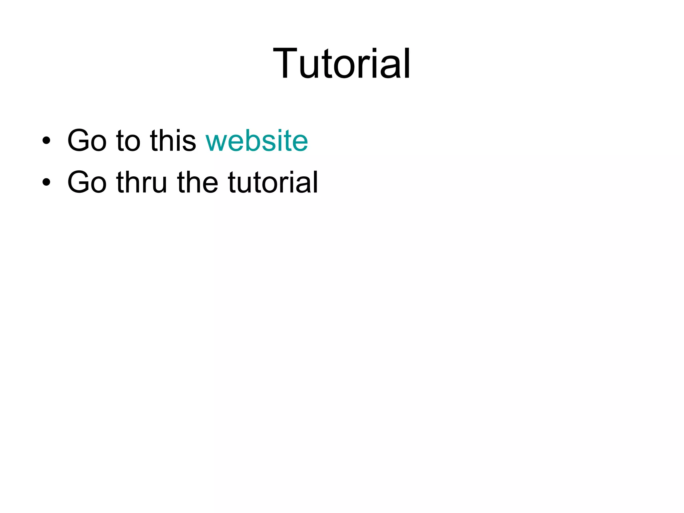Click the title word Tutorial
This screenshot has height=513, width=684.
pos(341,63)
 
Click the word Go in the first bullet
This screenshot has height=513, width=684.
pos(87,141)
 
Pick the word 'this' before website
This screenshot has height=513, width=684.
pos(173,141)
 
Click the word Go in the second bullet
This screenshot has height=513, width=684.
pos(87,182)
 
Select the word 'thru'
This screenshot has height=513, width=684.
pos(141,182)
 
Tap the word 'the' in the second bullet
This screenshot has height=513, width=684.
pos(197,182)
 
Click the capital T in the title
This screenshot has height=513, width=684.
pos(285,63)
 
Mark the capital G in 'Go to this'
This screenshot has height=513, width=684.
pos(79,141)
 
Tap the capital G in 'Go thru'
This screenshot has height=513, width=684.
pos(79,182)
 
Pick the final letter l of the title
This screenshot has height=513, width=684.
pos(407,63)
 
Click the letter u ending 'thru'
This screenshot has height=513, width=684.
pos(159,184)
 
